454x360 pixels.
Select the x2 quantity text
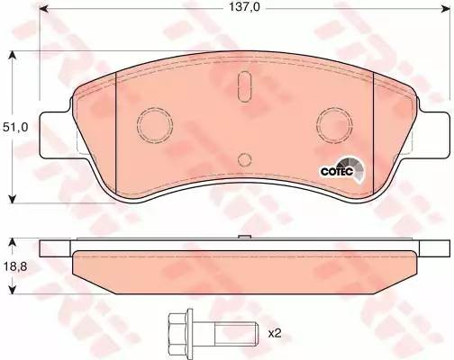click(x=275, y=333)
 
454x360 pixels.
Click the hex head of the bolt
click(x=177, y=332)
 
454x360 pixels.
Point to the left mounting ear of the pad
click(x=57, y=123)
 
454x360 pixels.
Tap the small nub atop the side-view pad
click(x=245, y=238)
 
